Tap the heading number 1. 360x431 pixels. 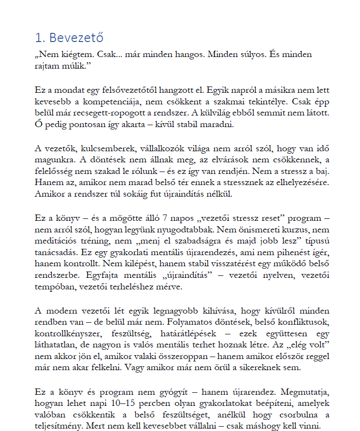pos(39,38)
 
